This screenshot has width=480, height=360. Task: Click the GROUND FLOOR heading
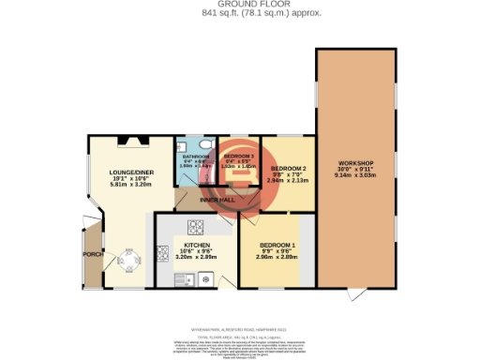tap(239, 5)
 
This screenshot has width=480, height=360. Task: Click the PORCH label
tap(93, 255)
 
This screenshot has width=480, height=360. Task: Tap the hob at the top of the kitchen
tap(198, 226)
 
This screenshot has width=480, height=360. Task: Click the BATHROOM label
tap(196, 157)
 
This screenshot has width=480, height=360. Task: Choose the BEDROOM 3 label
tap(237, 157)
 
